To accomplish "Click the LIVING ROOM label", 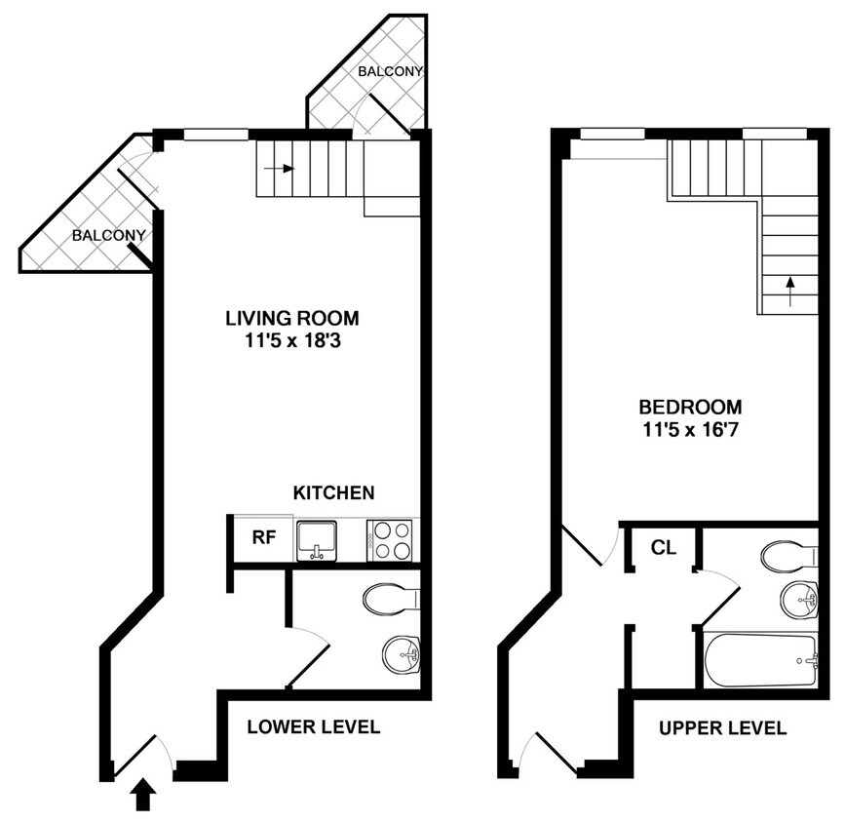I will tap(291, 318).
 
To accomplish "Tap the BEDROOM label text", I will tap(690, 407).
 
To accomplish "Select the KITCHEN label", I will tap(333, 493).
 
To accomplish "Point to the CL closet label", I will tap(663, 548).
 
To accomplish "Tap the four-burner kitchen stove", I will tap(389, 539).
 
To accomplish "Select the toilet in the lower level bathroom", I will tap(390, 599).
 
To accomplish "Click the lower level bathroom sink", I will tap(401, 652).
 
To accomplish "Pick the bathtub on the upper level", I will tap(761, 660).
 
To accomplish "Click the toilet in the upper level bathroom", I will tap(789, 557).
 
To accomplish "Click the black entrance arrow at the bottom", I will tap(143, 795).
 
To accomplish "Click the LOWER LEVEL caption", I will tap(313, 727).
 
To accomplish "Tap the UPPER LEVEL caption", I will tap(722, 727).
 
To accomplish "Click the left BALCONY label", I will tap(108, 235).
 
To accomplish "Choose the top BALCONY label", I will tap(390, 72).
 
